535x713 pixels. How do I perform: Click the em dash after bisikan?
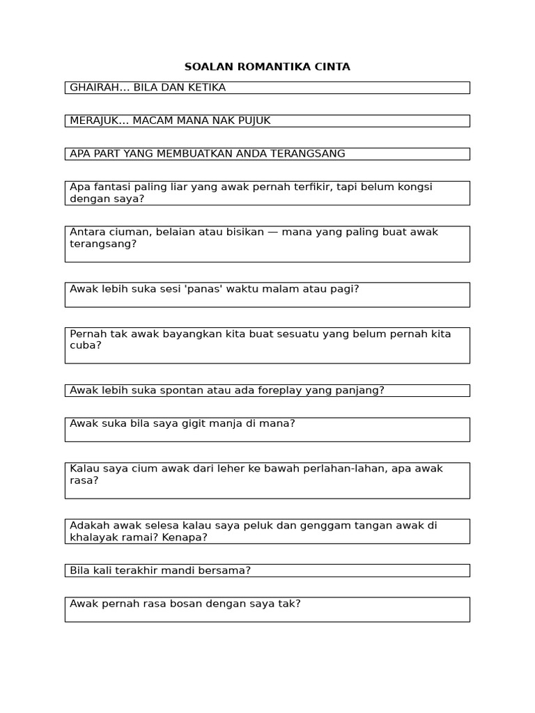273,232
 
